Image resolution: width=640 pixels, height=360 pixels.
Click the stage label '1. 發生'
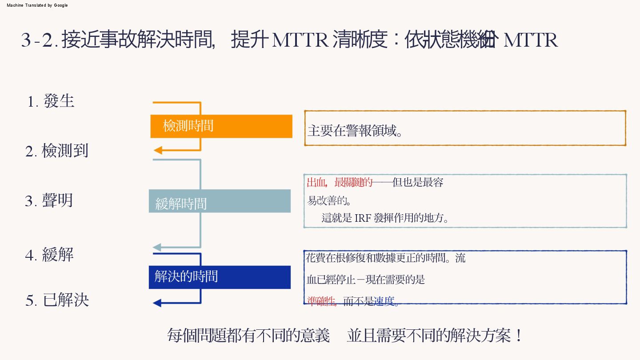click(x=51, y=101)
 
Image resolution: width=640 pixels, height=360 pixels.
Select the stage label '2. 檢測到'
click(x=57, y=151)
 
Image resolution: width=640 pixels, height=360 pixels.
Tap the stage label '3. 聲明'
click(x=49, y=201)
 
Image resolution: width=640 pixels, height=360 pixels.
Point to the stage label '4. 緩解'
click(x=49, y=255)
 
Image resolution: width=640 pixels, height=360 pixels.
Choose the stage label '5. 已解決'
click(x=57, y=300)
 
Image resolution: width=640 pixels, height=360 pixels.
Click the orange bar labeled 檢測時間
click(x=221, y=126)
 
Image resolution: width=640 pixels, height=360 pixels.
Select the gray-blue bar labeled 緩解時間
click(x=220, y=201)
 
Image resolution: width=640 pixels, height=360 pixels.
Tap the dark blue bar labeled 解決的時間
click(x=220, y=277)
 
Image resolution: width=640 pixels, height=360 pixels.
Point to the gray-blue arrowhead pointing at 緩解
click(x=157, y=247)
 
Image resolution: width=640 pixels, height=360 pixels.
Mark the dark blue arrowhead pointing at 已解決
click(x=157, y=303)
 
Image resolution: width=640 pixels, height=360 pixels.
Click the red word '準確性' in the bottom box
click(x=321, y=302)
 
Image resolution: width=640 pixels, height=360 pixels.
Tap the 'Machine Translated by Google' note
click(x=37, y=5)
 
